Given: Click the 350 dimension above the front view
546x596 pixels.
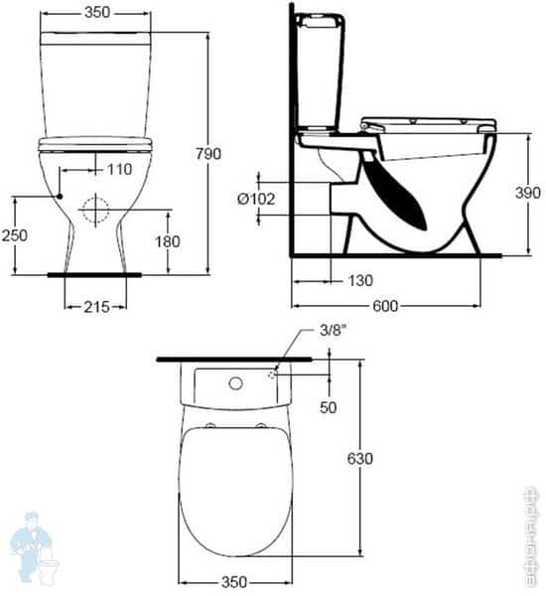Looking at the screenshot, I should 96,13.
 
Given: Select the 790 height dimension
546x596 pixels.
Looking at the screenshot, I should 207,154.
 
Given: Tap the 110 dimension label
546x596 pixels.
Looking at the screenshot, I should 118,169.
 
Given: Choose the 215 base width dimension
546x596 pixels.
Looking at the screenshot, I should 95,308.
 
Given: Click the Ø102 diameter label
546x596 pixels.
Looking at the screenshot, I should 255,199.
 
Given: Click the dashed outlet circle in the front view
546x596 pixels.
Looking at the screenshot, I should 95,210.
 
